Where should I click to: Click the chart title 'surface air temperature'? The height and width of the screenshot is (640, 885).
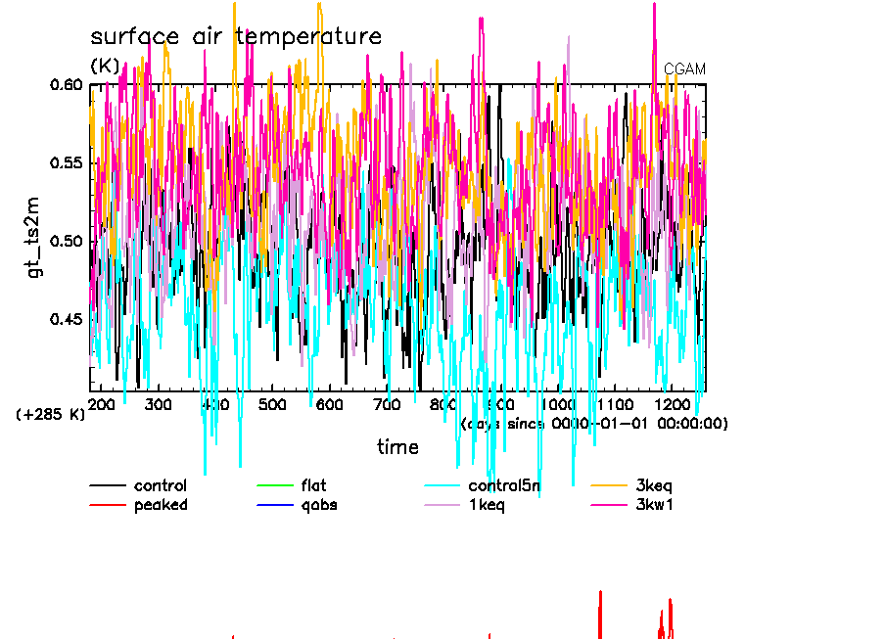pos(235,37)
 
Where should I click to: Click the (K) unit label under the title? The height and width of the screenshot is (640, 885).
pos(105,67)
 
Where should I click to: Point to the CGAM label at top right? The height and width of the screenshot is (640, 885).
pos(684,69)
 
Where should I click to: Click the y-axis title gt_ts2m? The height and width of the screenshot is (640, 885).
pos(35,239)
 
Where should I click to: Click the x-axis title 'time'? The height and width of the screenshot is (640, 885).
pos(397,447)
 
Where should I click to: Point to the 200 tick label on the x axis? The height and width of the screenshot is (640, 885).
pos(102,404)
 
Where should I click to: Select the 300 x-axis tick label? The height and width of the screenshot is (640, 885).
pos(159,404)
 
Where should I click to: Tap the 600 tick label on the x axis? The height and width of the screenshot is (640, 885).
pos(330,404)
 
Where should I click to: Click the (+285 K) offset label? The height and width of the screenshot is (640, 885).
pos(51,415)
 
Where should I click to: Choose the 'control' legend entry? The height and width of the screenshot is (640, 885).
pos(160,485)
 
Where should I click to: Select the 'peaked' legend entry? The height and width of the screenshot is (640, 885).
pos(160,505)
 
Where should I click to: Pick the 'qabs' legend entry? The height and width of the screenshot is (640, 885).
pos(319,505)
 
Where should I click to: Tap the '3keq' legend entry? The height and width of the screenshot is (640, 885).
pos(654,485)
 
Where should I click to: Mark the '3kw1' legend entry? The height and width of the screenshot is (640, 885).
pos(654,505)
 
